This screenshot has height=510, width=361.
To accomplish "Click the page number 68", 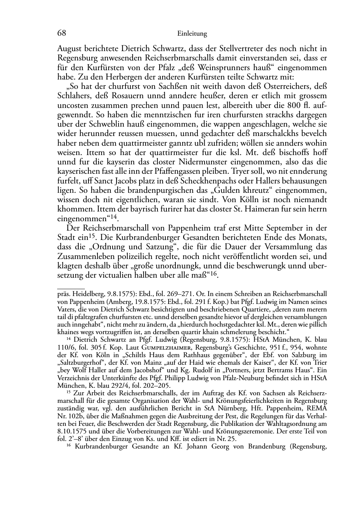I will click(61, 33).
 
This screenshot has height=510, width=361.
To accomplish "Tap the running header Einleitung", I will click(192, 34).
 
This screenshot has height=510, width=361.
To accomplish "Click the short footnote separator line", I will click(71, 288).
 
